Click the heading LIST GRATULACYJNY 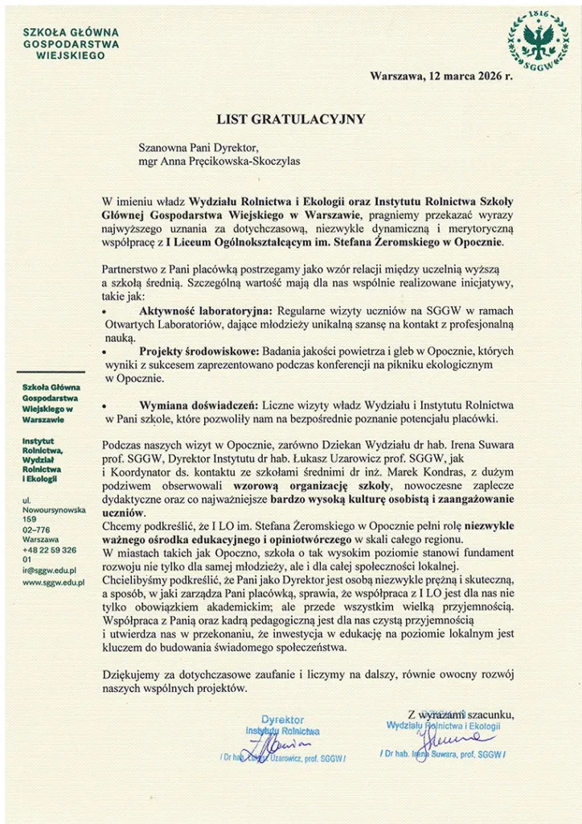291,119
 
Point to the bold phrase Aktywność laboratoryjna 206,311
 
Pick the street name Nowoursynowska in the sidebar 54,510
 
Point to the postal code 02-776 36,529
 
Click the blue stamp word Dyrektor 283,719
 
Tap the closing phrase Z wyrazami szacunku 461,714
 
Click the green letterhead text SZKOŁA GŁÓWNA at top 71,32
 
